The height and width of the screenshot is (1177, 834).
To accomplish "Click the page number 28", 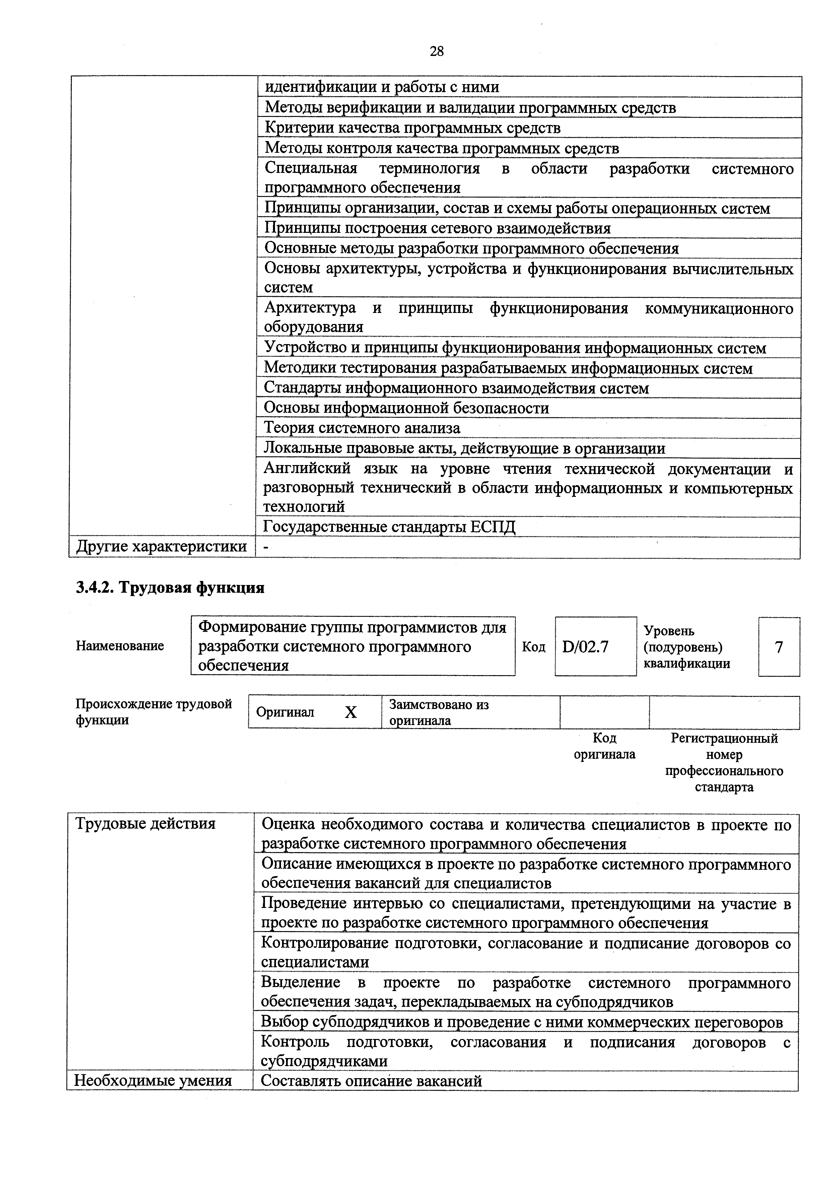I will [x=436, y=51].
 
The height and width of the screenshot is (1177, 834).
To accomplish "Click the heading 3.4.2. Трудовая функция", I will [x=170, y=588].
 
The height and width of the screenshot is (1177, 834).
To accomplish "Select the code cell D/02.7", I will [x=585, y=646].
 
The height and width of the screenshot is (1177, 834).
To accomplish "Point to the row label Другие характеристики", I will [x=161, y=547].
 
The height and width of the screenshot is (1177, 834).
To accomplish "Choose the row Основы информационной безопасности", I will [x=406, y=408].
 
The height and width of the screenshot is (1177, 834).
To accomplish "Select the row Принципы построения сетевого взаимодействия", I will [x=437, y=228].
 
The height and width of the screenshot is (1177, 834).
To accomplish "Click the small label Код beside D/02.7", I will [x=534, y=646].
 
